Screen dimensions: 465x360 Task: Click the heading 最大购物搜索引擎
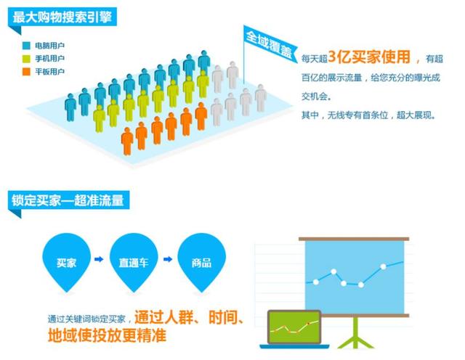point(62,17)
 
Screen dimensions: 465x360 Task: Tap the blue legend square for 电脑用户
point(26,46)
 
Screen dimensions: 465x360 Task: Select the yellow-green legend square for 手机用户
point(26,59)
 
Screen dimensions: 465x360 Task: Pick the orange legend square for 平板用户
point(26,72)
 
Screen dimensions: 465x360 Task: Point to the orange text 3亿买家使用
point(370,57)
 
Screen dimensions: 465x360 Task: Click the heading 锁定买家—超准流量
point(68,200)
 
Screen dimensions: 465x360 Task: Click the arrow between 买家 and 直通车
point(99,259)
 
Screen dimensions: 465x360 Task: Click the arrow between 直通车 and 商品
point(168,259)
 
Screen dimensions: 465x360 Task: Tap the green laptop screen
point(294,327)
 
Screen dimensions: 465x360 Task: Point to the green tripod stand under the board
point(355,332)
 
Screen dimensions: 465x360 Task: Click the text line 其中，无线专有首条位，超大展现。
point(369,115)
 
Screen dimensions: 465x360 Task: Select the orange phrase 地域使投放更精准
point(107,335)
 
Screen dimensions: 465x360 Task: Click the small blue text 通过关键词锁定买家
point(86,319)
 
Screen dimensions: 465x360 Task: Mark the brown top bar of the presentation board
point(354,239)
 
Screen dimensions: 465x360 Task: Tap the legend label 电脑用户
point(50,46)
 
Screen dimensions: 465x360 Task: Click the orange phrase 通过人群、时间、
point(189,317)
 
